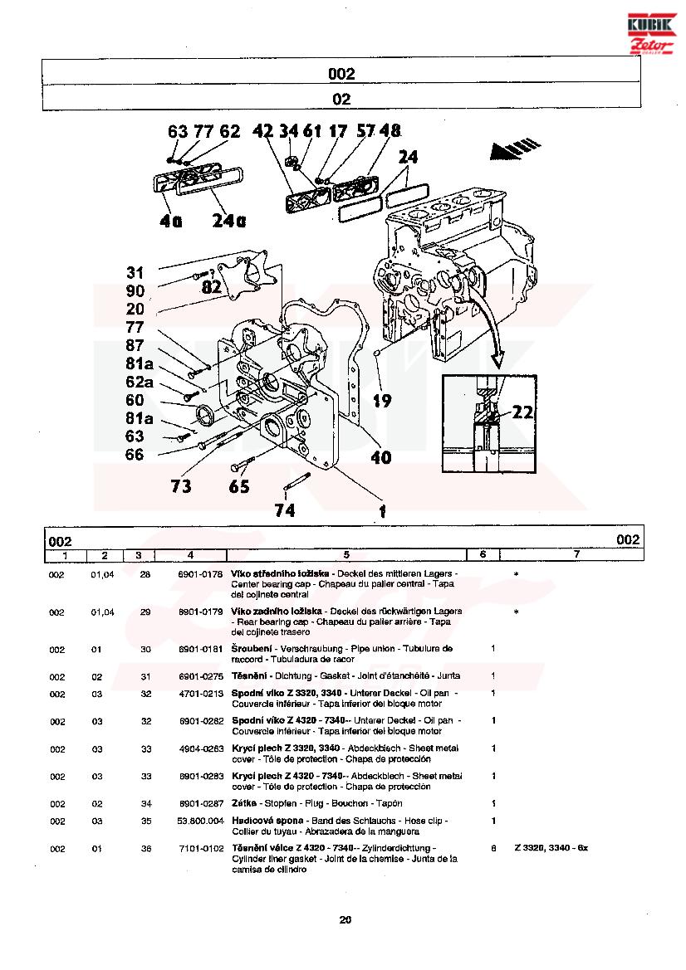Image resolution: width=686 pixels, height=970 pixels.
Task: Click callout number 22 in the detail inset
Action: point(522,410)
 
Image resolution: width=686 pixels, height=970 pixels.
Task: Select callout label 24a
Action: point(228,221)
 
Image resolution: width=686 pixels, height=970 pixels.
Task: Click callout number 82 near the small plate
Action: point(212,286)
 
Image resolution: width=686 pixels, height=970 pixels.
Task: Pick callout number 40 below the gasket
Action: point(380,456)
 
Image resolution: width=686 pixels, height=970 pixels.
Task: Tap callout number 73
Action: point(181,485)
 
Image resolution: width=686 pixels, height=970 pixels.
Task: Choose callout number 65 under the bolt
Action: point(239,486)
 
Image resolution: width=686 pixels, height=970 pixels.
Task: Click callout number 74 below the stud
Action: point(284,510)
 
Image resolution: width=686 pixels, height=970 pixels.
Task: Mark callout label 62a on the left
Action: point(139,382)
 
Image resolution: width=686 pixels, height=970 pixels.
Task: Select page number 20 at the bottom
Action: point(345,919)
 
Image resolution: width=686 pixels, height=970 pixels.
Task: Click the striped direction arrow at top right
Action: point(509,149)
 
